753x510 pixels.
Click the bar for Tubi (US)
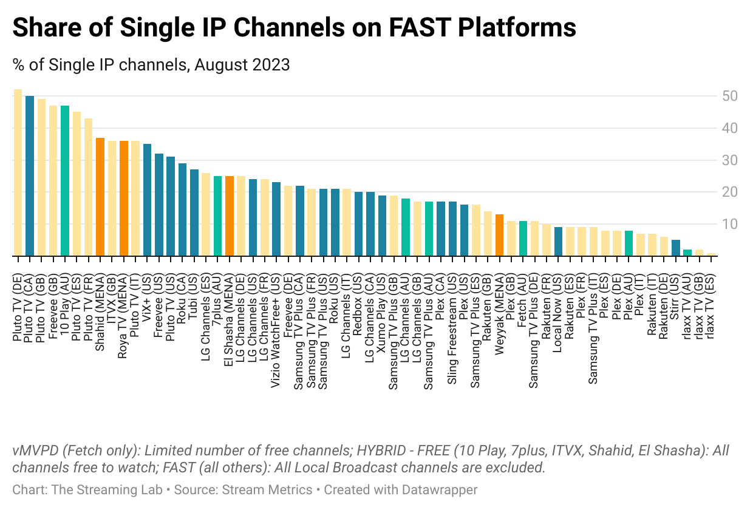click(x=194, y=213)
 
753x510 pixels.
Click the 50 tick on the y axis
click(x=729, y=97)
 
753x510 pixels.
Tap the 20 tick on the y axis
click(x=729, y=192)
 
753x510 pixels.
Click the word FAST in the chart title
click(x=414, y=28)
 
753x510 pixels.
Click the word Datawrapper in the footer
click(x=440, y=489)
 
